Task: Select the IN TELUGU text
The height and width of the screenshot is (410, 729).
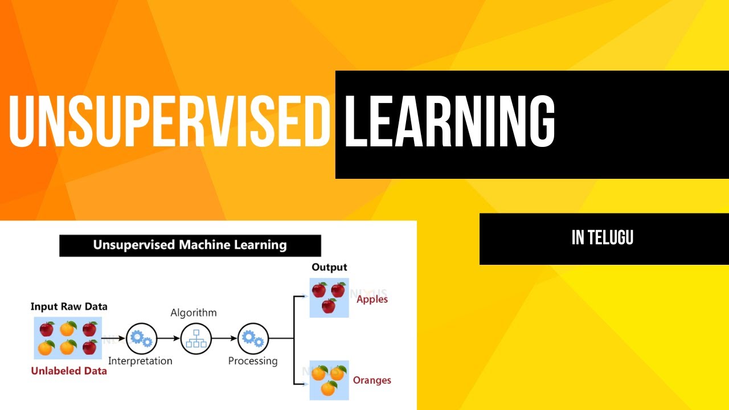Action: pos(603,238)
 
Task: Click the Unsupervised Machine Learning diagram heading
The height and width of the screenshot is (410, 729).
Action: pos(190,245)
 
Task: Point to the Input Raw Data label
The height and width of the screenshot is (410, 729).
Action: pos(69,306)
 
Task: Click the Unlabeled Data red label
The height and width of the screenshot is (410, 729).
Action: pos(69,371)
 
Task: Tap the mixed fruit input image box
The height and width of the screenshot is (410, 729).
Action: pos(68,338)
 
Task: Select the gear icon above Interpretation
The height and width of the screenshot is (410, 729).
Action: pos(141,338)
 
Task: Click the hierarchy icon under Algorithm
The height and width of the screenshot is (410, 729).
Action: pos(196,338)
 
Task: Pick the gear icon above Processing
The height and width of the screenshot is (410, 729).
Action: pos(252,338)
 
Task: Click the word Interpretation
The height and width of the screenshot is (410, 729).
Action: pos(140,360)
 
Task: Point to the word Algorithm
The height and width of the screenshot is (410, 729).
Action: pos(194,313)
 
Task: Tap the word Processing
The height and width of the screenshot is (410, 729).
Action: pos(253,360)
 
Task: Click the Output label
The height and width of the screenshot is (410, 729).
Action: pos(329,267)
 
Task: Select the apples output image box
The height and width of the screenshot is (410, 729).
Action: pos(329,297)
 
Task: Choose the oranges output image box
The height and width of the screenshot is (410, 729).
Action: pos(329,380)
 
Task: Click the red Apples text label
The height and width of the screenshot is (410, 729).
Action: pos(372,299)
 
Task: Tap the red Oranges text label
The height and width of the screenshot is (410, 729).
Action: pos(372,380)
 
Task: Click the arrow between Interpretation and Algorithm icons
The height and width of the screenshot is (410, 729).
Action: pos(168,338)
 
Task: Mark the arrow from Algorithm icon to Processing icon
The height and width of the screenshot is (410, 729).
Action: pos(224,338)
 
